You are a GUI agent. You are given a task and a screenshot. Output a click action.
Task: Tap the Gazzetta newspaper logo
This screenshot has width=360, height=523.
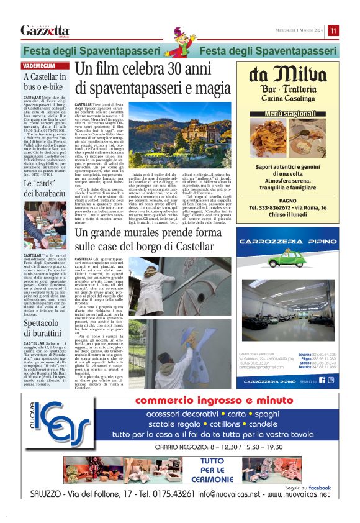point(45,30)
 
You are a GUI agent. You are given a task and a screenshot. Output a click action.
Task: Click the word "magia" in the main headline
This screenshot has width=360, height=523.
point(207,88)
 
